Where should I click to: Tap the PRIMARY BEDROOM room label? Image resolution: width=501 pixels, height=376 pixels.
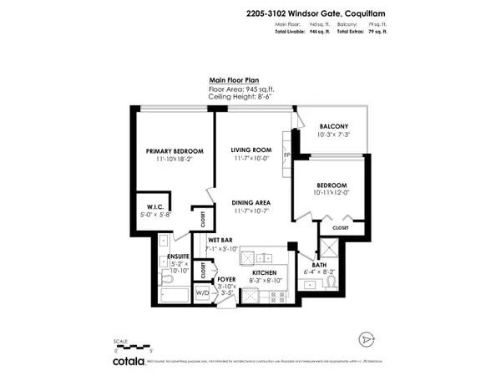(175, 151)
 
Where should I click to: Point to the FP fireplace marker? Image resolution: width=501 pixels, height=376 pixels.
(286, 155)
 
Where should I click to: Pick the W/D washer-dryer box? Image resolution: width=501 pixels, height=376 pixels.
(203, 293)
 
